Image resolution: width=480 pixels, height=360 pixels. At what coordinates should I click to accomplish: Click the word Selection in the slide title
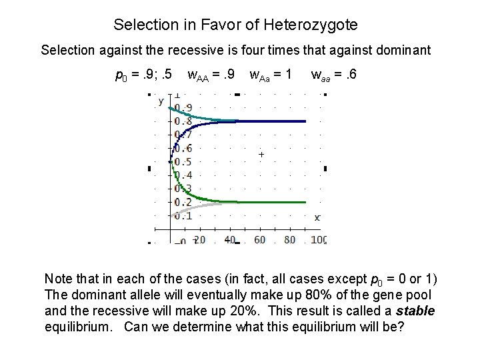pos(141,25)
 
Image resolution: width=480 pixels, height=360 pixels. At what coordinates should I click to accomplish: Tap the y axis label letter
pos(161,101)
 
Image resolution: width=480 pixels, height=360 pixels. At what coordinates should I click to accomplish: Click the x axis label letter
pos(317,217)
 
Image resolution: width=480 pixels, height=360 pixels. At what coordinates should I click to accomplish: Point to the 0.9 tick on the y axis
pos(183,108)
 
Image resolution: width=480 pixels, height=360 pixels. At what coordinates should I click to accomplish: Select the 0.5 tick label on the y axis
pos(183,162)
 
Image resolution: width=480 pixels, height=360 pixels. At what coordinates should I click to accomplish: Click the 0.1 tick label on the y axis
pos(183,215)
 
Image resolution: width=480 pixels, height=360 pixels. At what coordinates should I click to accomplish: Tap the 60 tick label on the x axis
pos(260,240)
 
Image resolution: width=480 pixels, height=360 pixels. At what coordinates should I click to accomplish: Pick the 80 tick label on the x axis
pos(290,240)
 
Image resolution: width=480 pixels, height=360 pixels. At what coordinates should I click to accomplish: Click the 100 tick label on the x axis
pos(319,240)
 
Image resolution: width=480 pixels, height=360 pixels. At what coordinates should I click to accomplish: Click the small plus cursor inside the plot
pos(261,155)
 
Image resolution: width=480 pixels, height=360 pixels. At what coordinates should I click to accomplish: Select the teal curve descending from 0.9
pos(200,116)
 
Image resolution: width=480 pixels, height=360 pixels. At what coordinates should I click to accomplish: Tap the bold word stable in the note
pos(415,311)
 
